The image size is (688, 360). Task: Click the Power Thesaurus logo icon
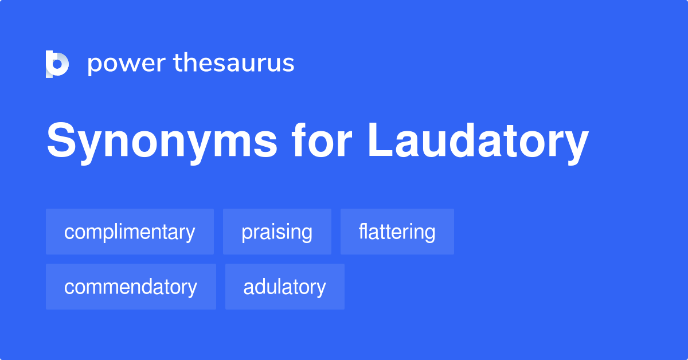coord(57,64)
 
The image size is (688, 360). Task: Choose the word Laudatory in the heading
coord(478,142)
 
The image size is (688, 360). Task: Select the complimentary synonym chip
coord(130,232)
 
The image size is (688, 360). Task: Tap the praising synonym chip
coord(277,232)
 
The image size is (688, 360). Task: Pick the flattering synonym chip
coord(397,232)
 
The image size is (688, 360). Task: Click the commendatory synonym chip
coord(131,287)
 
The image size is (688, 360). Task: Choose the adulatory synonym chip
coord(284,287)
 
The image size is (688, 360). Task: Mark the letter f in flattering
coord(362,231)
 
